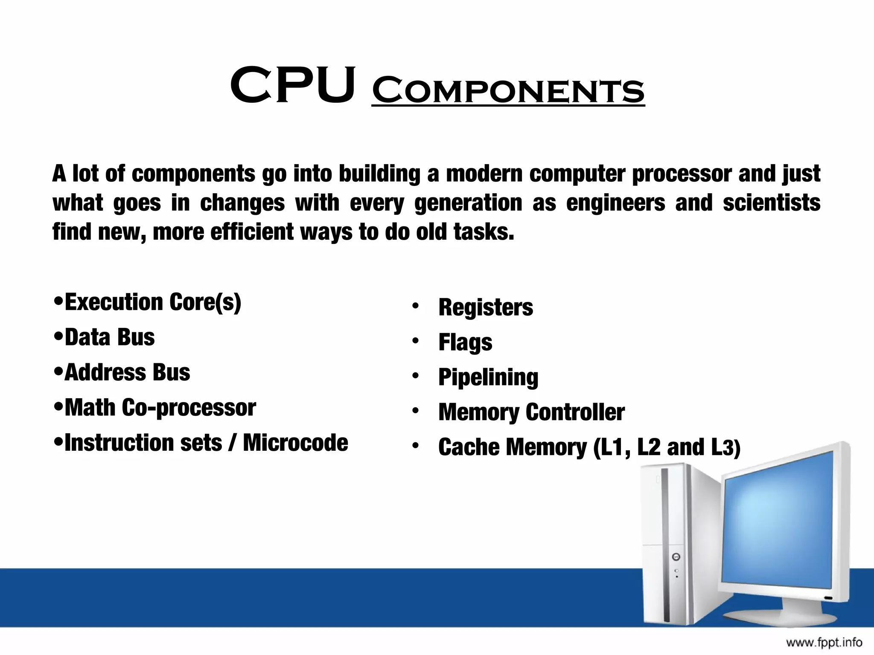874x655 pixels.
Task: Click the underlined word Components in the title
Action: pos(508,90)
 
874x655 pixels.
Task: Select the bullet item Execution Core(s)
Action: pos(153,302)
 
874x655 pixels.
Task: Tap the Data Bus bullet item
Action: pos(110,337)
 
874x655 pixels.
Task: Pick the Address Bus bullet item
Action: pos(127,372)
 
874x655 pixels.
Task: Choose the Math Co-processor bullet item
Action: pos(160,408)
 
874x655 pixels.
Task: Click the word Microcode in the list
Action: pos(295,443)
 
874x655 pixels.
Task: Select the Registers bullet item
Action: pos(486,307)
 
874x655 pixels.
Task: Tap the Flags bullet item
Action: pos(465,342)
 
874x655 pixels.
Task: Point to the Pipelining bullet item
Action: pos(488,377)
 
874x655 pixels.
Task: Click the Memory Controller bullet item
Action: pos(531,412)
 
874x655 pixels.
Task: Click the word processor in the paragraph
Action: pos(682,174)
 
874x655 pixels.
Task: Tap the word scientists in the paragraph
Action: pos(771,203)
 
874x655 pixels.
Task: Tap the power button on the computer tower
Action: pos(676,557)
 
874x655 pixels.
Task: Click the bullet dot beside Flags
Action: pos(416,341)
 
